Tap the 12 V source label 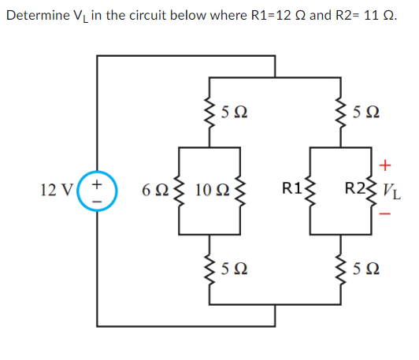tap(58, 190)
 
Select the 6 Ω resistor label tap(154, 190)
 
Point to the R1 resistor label tap(293, 189)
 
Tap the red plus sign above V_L tap(385, 165)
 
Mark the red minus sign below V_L tap(385, 214)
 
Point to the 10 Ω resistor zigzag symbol tap(241, 190)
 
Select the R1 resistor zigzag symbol tap(309, 190)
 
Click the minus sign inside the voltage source tap(98, 199)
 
